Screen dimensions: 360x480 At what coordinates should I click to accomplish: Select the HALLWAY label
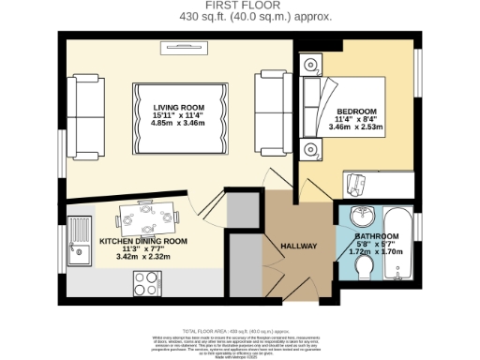coord(299,247)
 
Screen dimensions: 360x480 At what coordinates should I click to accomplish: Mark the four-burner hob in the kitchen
coord(148,281)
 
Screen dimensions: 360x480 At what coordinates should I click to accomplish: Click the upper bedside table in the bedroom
coord(310,65)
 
